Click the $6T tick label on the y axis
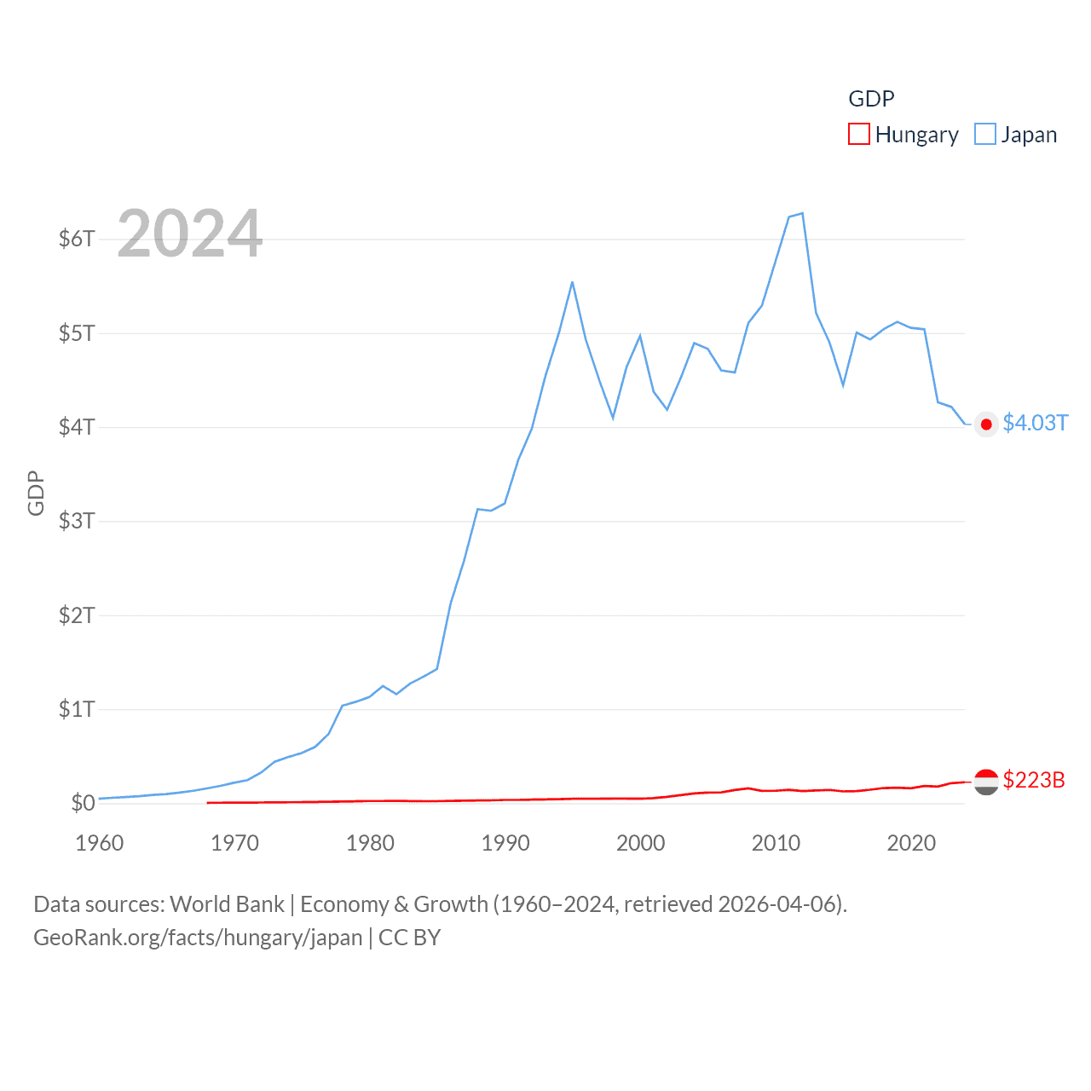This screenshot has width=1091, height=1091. pyautogui.click(x=77, y=239)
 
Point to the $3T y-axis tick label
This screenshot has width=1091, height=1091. pyautogui.click(x=77, y=521)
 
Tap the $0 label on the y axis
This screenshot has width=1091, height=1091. pyautogui.click(x=83, y=803)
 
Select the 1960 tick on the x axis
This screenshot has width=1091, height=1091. pyautogui.click(x=100, y=843)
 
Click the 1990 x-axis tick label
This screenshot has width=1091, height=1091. pyautogui.click(x=505, y=843)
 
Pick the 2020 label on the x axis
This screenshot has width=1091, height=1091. pyautogui.click(x=911, y=843)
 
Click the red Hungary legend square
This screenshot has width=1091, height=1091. pyautogui.click(x=859, y=135)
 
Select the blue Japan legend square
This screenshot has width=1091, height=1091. pyautogui.click(x=985, y=135)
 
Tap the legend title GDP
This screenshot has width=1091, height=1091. pyautogui.click(x=871, y=99)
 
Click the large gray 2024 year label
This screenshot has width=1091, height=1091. pyautogui.click(x=190, y=234)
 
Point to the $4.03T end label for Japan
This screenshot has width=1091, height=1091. pyautogui.click(x=1035, y=424)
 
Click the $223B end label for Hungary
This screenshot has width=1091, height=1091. pyautogui.click(x=1034, y=780)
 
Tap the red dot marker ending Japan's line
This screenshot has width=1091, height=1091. pyautogui.click(x=986, y=424)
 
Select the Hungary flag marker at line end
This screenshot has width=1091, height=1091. pyautogui.click(x=986, y=782)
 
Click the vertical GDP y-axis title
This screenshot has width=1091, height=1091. pyautogui.click(x=36, y=493)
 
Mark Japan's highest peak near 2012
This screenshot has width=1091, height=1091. pyautogui.click(x=802, y=213)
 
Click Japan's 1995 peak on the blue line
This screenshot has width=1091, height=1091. pyautogui.click(x=572, y=282)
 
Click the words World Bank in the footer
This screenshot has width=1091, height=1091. pyautogui.click(x=228, y=904)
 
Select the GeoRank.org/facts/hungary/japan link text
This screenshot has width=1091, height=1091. pyautogui.click(x=198, y=938)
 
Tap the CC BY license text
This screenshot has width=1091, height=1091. pyautogui.click(x=409, y=938)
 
